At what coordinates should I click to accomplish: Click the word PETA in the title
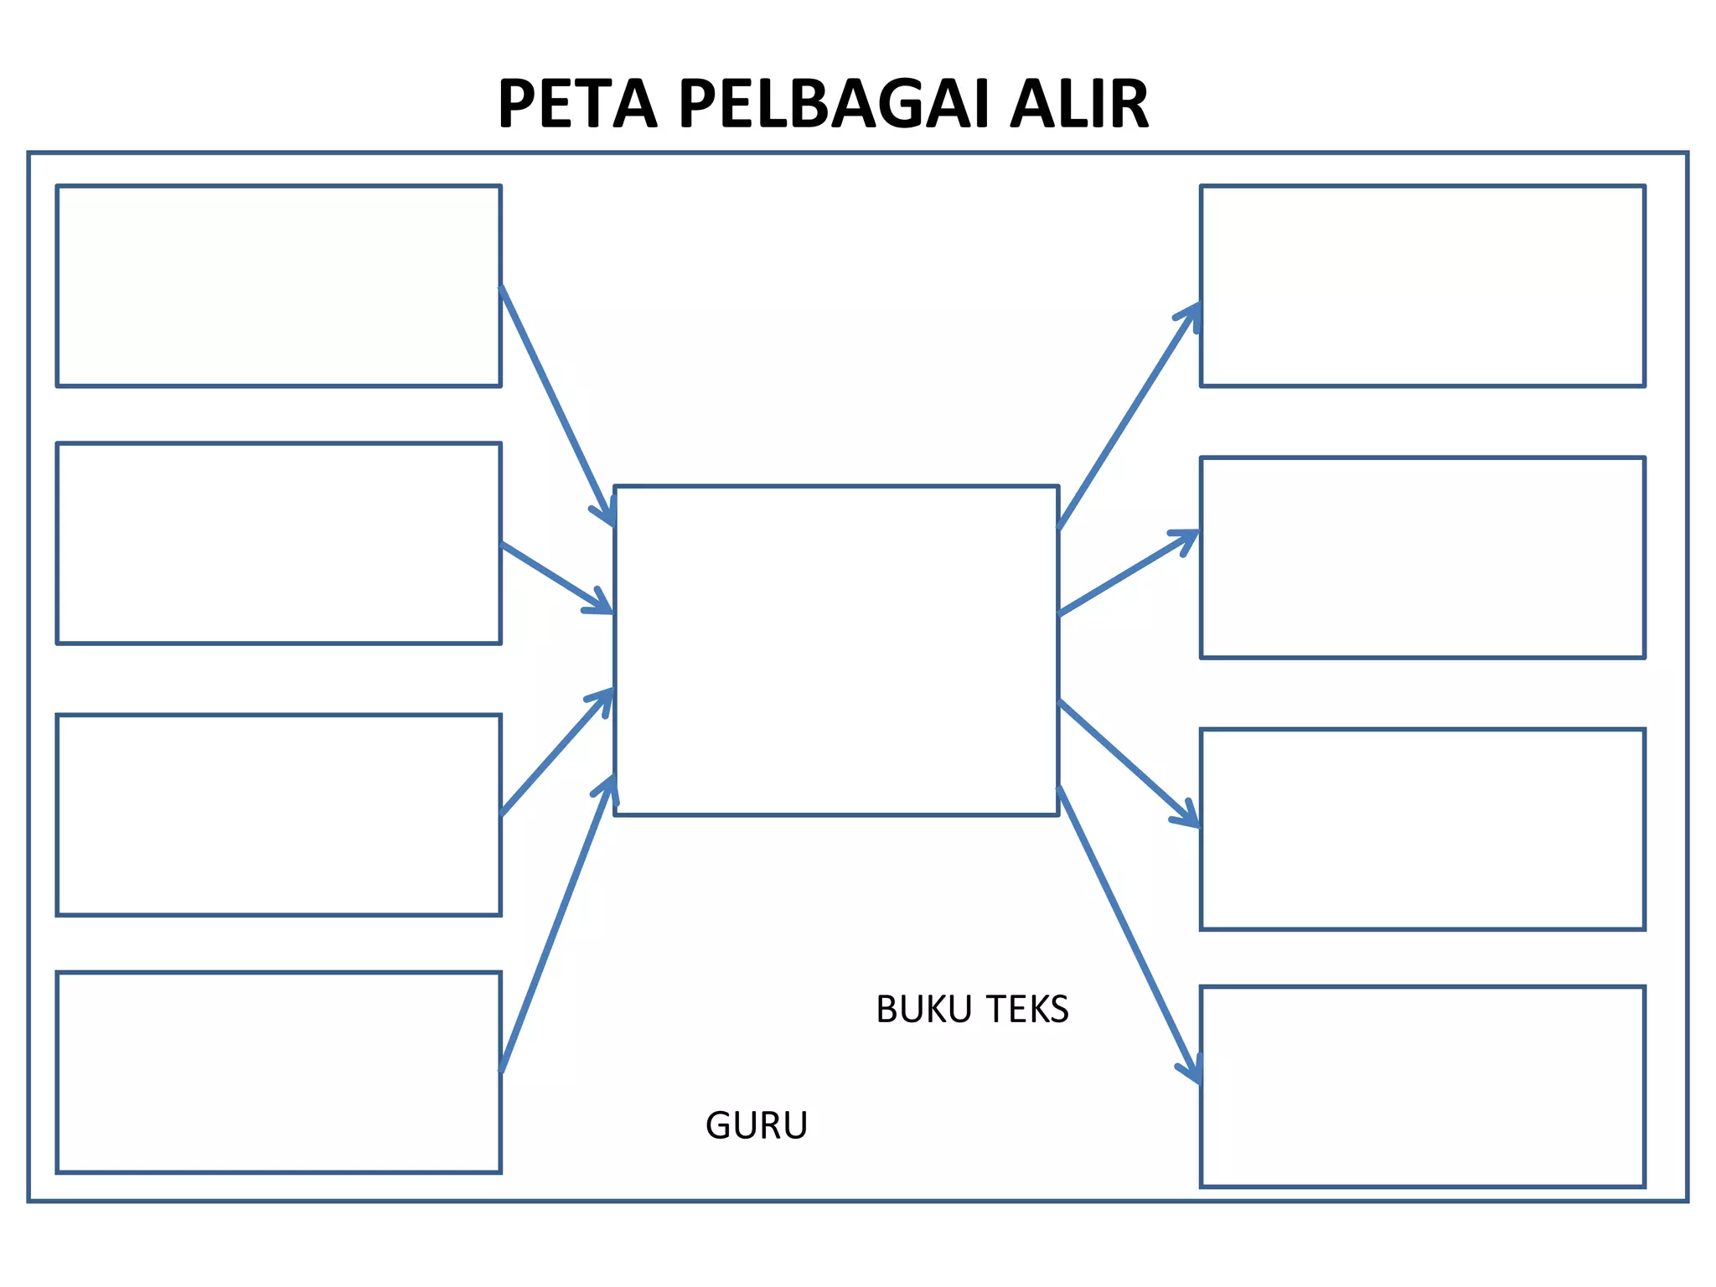577,105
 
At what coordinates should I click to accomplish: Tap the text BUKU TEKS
972,1010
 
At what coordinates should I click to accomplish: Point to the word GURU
757,1125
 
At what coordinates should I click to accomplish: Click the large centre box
836,650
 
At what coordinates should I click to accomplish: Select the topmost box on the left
278,286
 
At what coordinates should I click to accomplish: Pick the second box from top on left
278,543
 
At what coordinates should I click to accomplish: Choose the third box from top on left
278,814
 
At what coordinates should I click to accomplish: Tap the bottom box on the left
278,1072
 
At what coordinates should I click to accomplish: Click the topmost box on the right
1422,286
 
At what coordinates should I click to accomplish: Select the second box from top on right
1422,557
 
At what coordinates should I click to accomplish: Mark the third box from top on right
1422,829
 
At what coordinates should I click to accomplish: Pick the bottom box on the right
1422,1086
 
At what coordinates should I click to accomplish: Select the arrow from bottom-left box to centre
557,926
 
